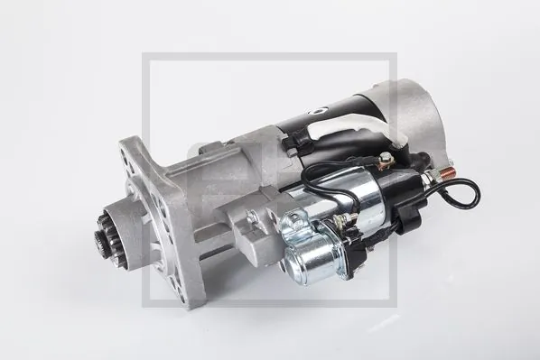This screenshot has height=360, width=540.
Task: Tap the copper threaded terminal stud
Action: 448,171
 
